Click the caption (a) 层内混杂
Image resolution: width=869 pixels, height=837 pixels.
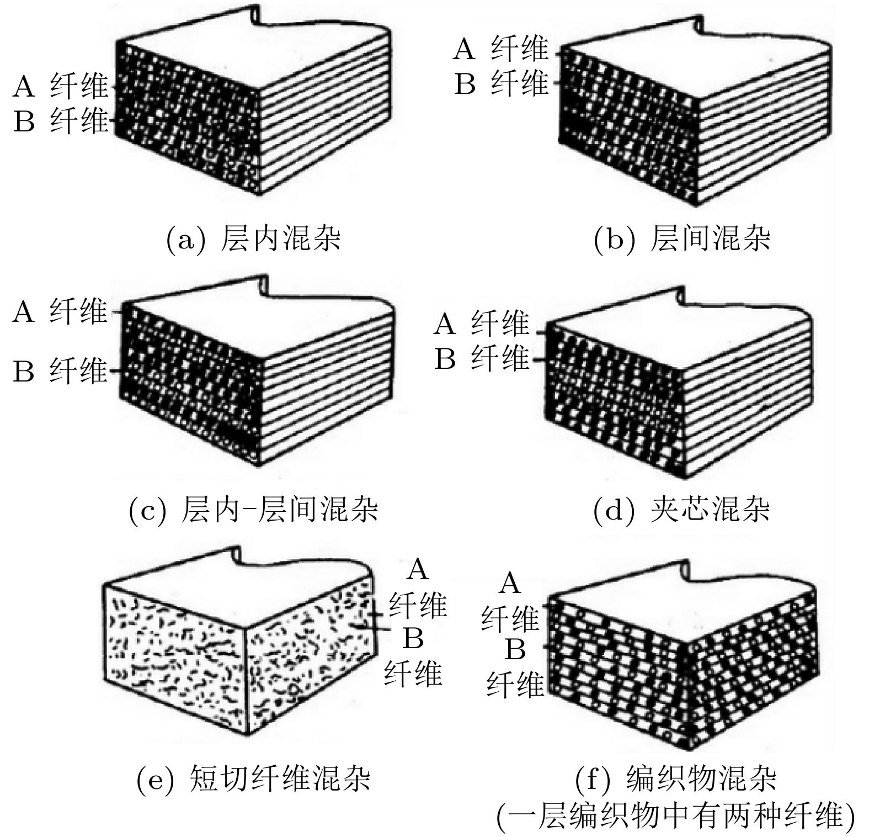coord(253,239)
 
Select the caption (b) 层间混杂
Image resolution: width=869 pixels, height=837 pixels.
coord(682,239)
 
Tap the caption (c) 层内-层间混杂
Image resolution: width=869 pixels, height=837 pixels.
coord(253,509)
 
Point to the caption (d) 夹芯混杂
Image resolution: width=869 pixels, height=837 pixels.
coord(682,509)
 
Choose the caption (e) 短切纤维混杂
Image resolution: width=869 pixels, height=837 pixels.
coord(253,778)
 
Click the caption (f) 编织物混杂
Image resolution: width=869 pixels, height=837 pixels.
coord(675,778)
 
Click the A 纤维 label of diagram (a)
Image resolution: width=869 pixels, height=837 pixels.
coord(61,86)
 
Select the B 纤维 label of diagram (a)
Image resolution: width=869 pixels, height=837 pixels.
coord(61,120)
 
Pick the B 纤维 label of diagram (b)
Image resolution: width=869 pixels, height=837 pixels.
coord(501,84)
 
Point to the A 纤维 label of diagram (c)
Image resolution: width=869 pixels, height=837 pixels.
coord(60,311)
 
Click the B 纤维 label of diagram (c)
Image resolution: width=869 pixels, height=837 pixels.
coord(60,371)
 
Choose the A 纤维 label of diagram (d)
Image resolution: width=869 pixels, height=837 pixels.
coord(481,324)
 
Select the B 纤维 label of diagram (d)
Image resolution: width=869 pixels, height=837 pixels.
coord(481,359)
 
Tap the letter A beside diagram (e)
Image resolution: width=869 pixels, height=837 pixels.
coord(418,569)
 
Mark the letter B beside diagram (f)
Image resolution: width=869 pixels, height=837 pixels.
coord(515,650)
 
